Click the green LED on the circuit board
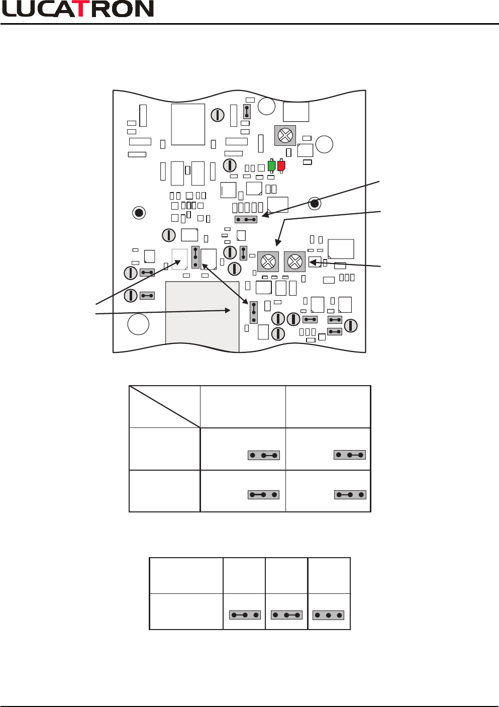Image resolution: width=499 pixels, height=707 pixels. pyautogui.click(x=271, y=166)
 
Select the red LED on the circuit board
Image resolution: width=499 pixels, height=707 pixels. pyautogui.click(x=281, y=166)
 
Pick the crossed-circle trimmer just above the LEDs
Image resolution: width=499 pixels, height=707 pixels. pyautogui.click(x=285, y=135)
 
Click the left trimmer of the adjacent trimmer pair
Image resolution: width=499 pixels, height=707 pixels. pyautogui.click(x=268, y=262)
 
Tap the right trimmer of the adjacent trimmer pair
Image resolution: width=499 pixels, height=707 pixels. pyautogui.click(x=294, y=261)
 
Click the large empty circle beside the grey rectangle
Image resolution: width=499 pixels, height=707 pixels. pyautogui.click(x=138, y=324)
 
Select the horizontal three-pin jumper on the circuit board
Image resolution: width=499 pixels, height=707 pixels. pyautogui.click(x=246, y=220)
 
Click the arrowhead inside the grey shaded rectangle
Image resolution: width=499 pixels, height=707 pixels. pyautogui.click(x=228, y=311)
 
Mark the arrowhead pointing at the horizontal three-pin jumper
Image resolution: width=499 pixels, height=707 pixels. pyautogui.click(x=265, y=215)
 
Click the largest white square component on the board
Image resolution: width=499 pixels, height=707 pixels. pyautogui.click(x=188, y=124)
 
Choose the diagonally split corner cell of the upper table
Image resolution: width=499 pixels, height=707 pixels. pyautogui.click(x=165, y=407)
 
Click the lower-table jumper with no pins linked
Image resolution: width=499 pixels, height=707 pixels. pyautogui.click(x=328, y=615)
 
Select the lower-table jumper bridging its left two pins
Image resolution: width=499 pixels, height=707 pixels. pyautogui.click(x=245, y=615)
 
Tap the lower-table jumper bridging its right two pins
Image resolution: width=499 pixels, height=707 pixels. pyautogui.click(x=286, y=615)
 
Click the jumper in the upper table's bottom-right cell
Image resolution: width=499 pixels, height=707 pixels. pyautogui.click(x=350, y=495)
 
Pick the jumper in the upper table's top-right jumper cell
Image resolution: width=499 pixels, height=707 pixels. pyautogui.click(x=350, y=455)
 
